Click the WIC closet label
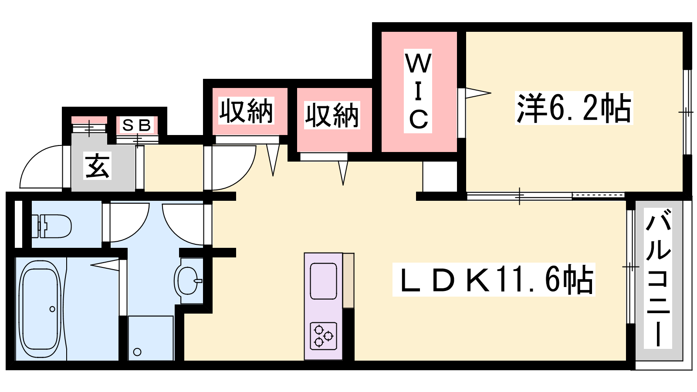pyautogui.click(x=418, y=91)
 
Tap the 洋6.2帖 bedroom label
pyautogui.click(x=574, y=108)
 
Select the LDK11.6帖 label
pyautogui.click(x=494, y=279)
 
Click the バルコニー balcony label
pyautogui.click(x=658, y=278)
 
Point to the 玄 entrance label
pyautogui.click(x=97, y=166)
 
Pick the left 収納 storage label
pyautogui.click(x=246, y=111)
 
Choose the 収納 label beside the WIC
pyautogui.click(x=332, y=115)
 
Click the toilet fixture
pyautogui.click(x=52, y=226)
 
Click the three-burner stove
pyautogui.click(x=323, y=336)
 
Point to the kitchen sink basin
pyautogui.click(x=323, y=281)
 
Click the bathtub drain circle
pyautogui.click(x=52, y=309)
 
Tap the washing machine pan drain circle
pyautogui.click(x=137, y=352)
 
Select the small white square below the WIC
pyautogui.click(x=440, y=176)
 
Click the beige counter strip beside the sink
pyautogui.click(x=348, y=280)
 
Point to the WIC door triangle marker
pyautogui.click(x=478, y=93)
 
